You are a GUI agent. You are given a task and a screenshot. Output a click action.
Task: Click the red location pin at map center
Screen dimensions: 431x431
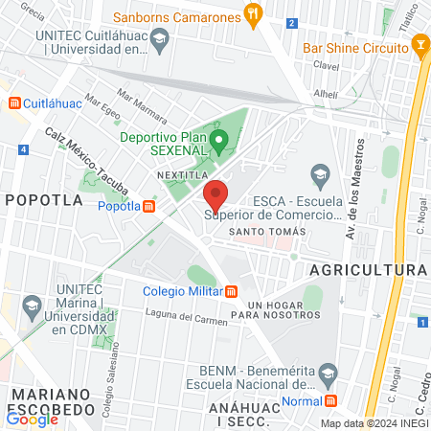point(215,194)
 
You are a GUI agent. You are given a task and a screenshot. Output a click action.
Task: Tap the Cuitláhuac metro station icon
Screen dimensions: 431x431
point(13,102)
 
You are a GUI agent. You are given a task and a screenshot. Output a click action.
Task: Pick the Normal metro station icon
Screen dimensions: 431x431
point(330,400)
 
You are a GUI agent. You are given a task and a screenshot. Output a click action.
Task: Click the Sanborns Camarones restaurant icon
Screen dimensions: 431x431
point(252,14)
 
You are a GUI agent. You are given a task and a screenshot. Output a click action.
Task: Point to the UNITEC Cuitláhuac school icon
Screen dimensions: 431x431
point(160,40)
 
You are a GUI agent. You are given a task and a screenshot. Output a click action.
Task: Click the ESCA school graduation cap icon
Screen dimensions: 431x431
point(320,174)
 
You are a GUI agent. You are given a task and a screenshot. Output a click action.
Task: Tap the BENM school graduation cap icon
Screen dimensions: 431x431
point(328,372)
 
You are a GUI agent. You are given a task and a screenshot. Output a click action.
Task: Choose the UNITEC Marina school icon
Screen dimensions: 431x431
point(32,308)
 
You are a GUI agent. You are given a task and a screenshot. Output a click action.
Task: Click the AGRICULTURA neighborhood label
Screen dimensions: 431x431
point(368,270)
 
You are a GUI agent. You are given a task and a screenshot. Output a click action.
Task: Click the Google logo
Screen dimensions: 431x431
point(32,418)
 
